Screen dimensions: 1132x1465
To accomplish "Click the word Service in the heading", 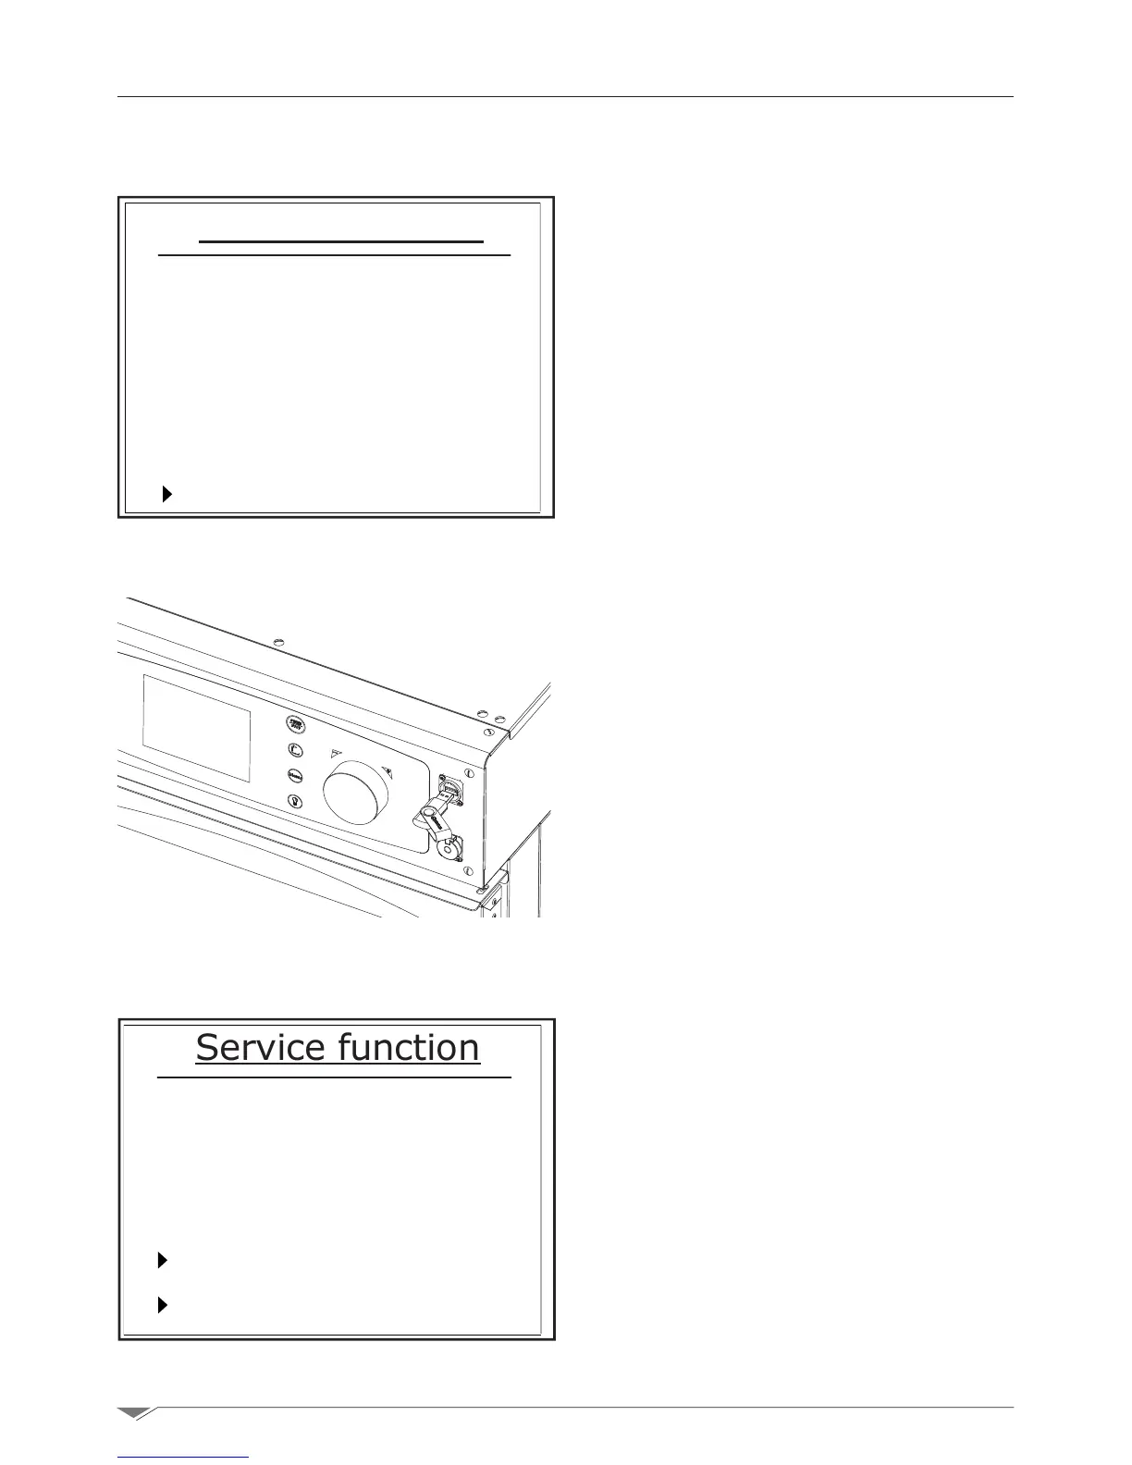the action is pos(260,1048).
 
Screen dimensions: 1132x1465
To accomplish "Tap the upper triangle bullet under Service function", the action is pos(163,1260).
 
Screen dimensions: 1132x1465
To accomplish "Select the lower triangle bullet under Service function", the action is pos(163,1305).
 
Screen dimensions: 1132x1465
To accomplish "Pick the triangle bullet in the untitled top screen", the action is pos(166,494).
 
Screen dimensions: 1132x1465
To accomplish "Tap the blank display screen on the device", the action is pos(197,728).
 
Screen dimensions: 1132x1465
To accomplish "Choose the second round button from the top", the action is pos(295,751).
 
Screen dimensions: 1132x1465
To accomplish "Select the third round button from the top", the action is pos(295,776).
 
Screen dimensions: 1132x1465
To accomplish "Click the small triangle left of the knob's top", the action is pos(337,754).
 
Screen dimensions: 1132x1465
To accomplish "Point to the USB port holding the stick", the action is pos(452,794).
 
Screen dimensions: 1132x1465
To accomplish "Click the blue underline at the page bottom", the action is pos(184,1458).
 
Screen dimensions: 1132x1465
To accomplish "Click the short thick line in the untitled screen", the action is pos(341,241).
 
